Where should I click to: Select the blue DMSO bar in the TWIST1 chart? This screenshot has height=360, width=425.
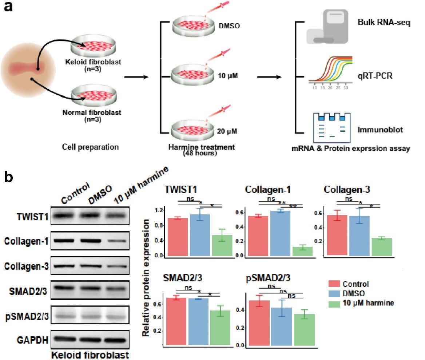(x=200, y=235)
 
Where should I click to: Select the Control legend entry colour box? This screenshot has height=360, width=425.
(x=334, y=284)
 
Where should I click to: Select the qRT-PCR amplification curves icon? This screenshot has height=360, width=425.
(x=330, y=71)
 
